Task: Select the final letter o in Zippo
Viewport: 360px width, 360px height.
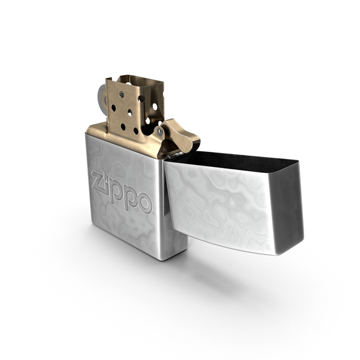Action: [x=145, y=203]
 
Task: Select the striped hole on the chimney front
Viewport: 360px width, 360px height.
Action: [x=122, y=94]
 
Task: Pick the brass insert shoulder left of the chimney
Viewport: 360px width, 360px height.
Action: [x=96, y=129]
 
